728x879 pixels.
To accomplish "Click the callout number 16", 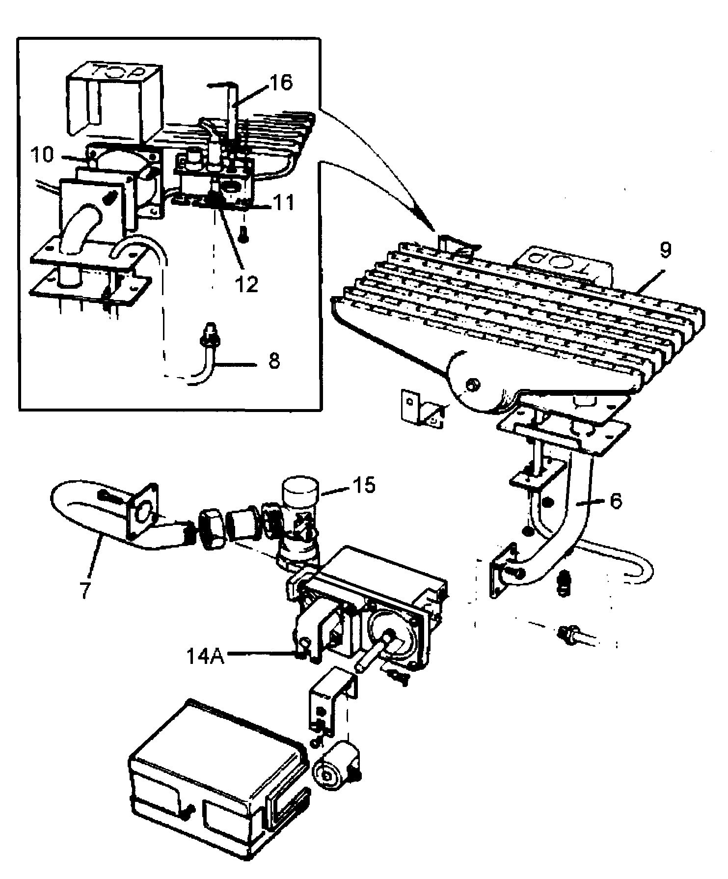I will click(280, 82).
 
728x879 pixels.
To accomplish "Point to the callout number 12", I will click(245, 284).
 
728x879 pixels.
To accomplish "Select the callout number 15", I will click(363, 485).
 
